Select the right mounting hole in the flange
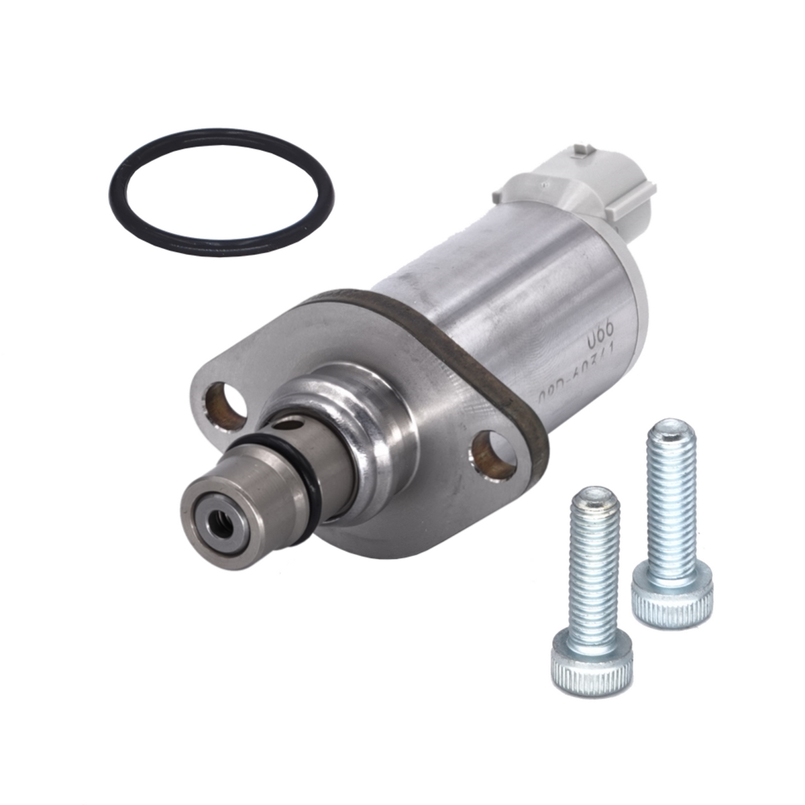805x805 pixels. coord(494,453)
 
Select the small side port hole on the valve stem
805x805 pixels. coord(289,424)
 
